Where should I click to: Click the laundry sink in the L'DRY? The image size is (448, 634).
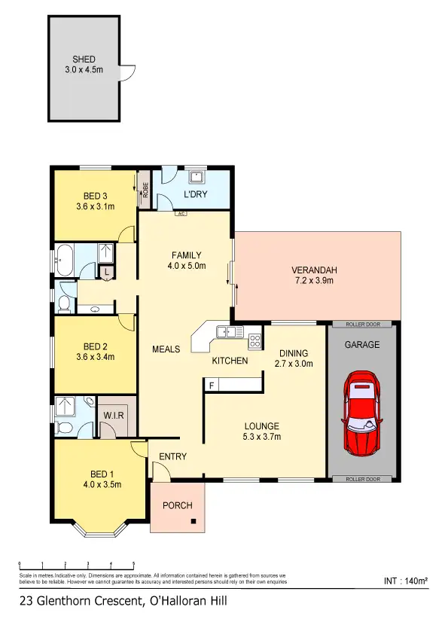(197, 178)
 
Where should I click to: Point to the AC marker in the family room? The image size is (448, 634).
(181, 213)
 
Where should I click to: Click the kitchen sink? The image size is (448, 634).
(224, 332)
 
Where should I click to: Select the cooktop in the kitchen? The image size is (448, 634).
(255, 340)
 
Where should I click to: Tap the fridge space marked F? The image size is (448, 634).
(212, 385)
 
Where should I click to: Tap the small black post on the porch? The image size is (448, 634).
(194, 521)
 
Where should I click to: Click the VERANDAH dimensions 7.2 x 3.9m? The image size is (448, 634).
(315, 281)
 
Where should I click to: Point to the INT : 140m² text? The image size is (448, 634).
(405, 581)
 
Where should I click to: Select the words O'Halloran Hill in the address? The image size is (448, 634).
(188, 601)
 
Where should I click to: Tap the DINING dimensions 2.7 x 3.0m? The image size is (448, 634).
(293, 364)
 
